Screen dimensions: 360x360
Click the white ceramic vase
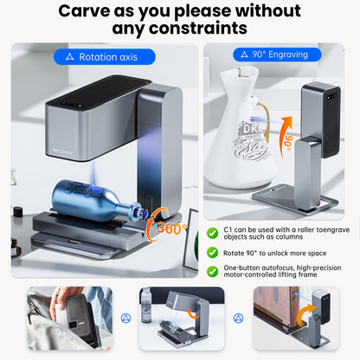[241, 130]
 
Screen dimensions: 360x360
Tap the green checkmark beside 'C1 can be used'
[213, 233]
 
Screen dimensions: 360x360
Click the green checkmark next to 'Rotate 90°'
[213, 252]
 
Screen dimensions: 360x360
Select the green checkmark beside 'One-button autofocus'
[213, 268]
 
